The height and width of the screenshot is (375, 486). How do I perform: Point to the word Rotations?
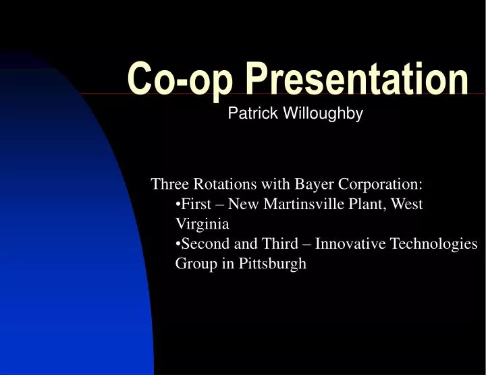point(224,184)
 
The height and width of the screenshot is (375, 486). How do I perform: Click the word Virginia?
point(202,224)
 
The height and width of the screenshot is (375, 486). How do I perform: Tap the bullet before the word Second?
point(178,244)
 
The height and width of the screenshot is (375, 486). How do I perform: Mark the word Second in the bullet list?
point(202,243)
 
